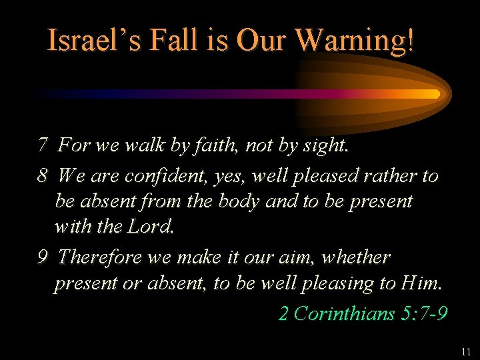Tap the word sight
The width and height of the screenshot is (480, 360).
(x=323, y=145)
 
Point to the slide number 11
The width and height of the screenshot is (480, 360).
(x=465, y=351)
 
